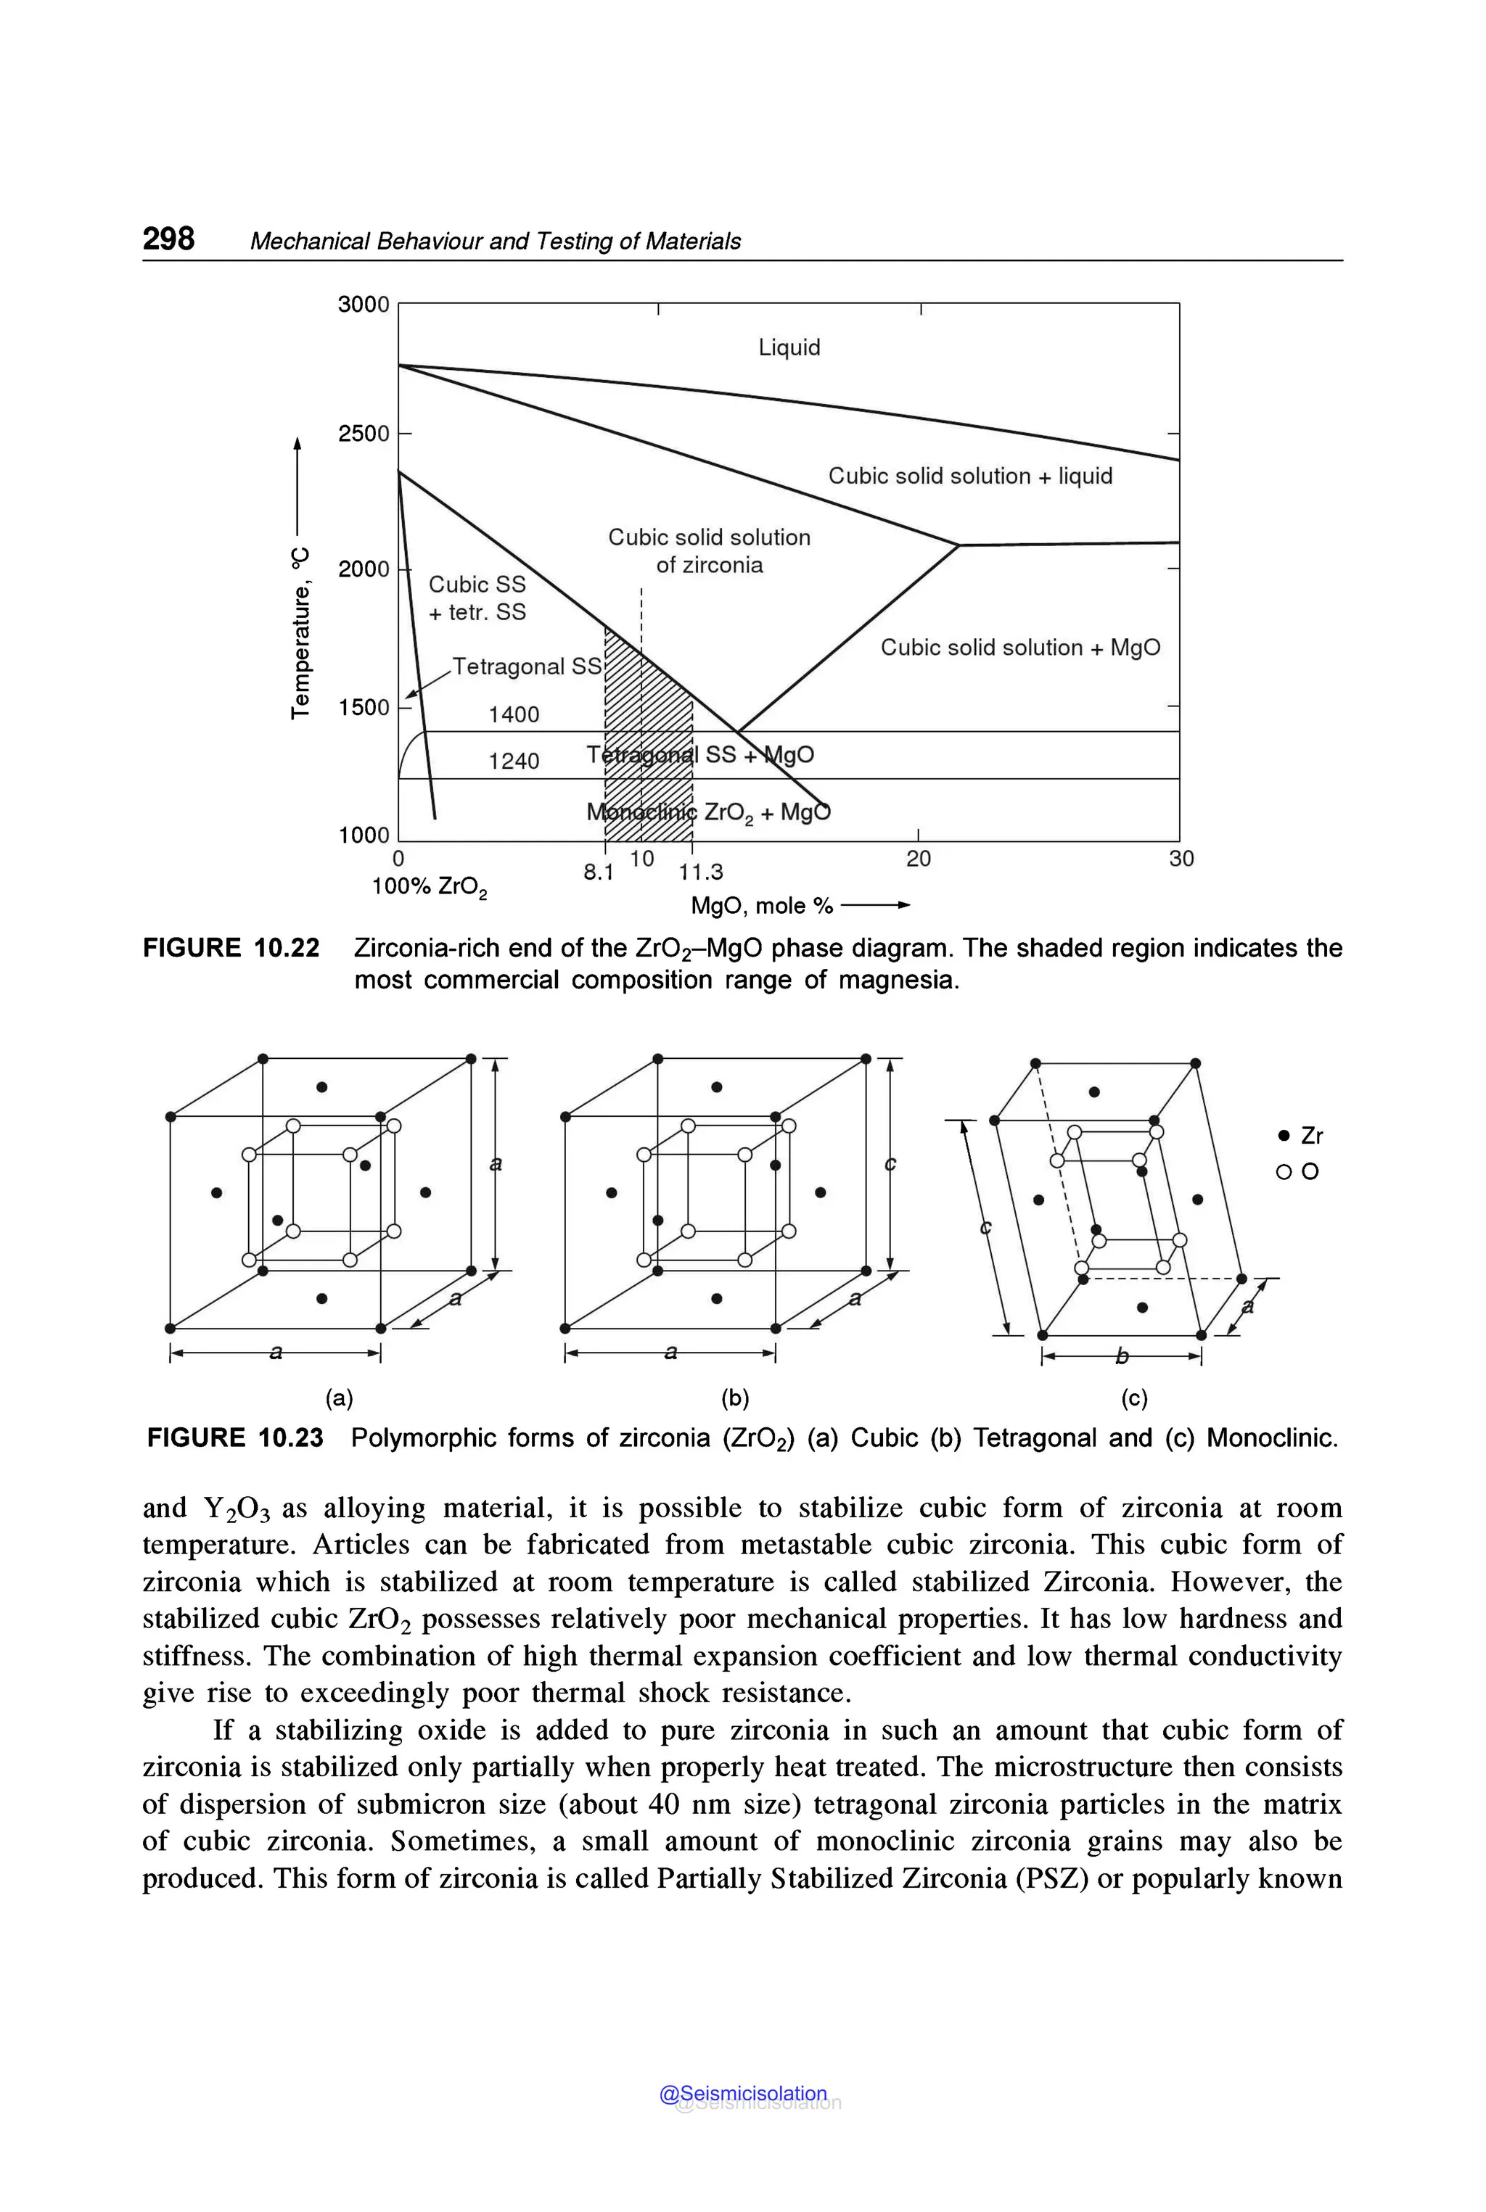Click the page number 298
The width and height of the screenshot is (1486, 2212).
(x=168, y=238)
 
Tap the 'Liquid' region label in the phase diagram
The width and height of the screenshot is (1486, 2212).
(x=789, y=347)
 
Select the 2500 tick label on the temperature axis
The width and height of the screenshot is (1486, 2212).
(x=364, y=434)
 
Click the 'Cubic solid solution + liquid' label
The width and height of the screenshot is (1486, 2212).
(x=969, y=476)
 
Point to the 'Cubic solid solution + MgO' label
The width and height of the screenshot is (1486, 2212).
(x=1019, y=647)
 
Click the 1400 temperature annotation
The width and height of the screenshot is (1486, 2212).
(x=514, y=714)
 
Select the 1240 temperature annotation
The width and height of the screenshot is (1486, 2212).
(x=514, y=761)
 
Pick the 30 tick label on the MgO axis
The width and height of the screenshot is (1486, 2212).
(x=1181, y=858)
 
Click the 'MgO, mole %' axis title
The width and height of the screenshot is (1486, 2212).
(x=761, y=906)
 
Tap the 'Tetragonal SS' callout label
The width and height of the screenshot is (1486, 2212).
(x=527, y=666)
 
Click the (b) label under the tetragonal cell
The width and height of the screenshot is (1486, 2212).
(x=734, y=1398)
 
